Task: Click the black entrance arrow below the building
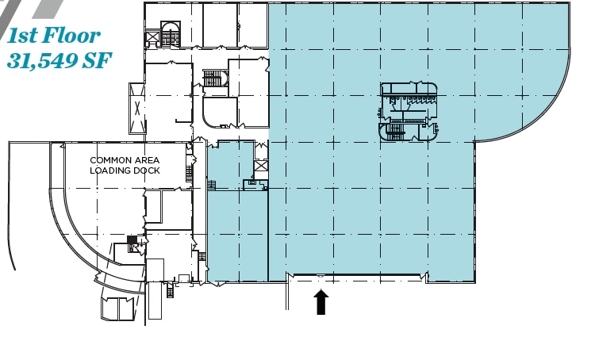tap(321, 302)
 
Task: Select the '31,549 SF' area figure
tap(59, 59)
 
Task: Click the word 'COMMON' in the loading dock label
tap(110, 160)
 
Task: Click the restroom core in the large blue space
tap(409, 112)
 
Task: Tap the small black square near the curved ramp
tap(132, 240)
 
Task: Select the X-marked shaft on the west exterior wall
tap(136, 107)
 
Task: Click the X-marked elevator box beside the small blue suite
tap(261, 167)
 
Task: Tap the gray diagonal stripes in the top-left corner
tap(36, 8)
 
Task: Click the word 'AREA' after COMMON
tap(147, 160)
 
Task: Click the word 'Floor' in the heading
tap(71, 35)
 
